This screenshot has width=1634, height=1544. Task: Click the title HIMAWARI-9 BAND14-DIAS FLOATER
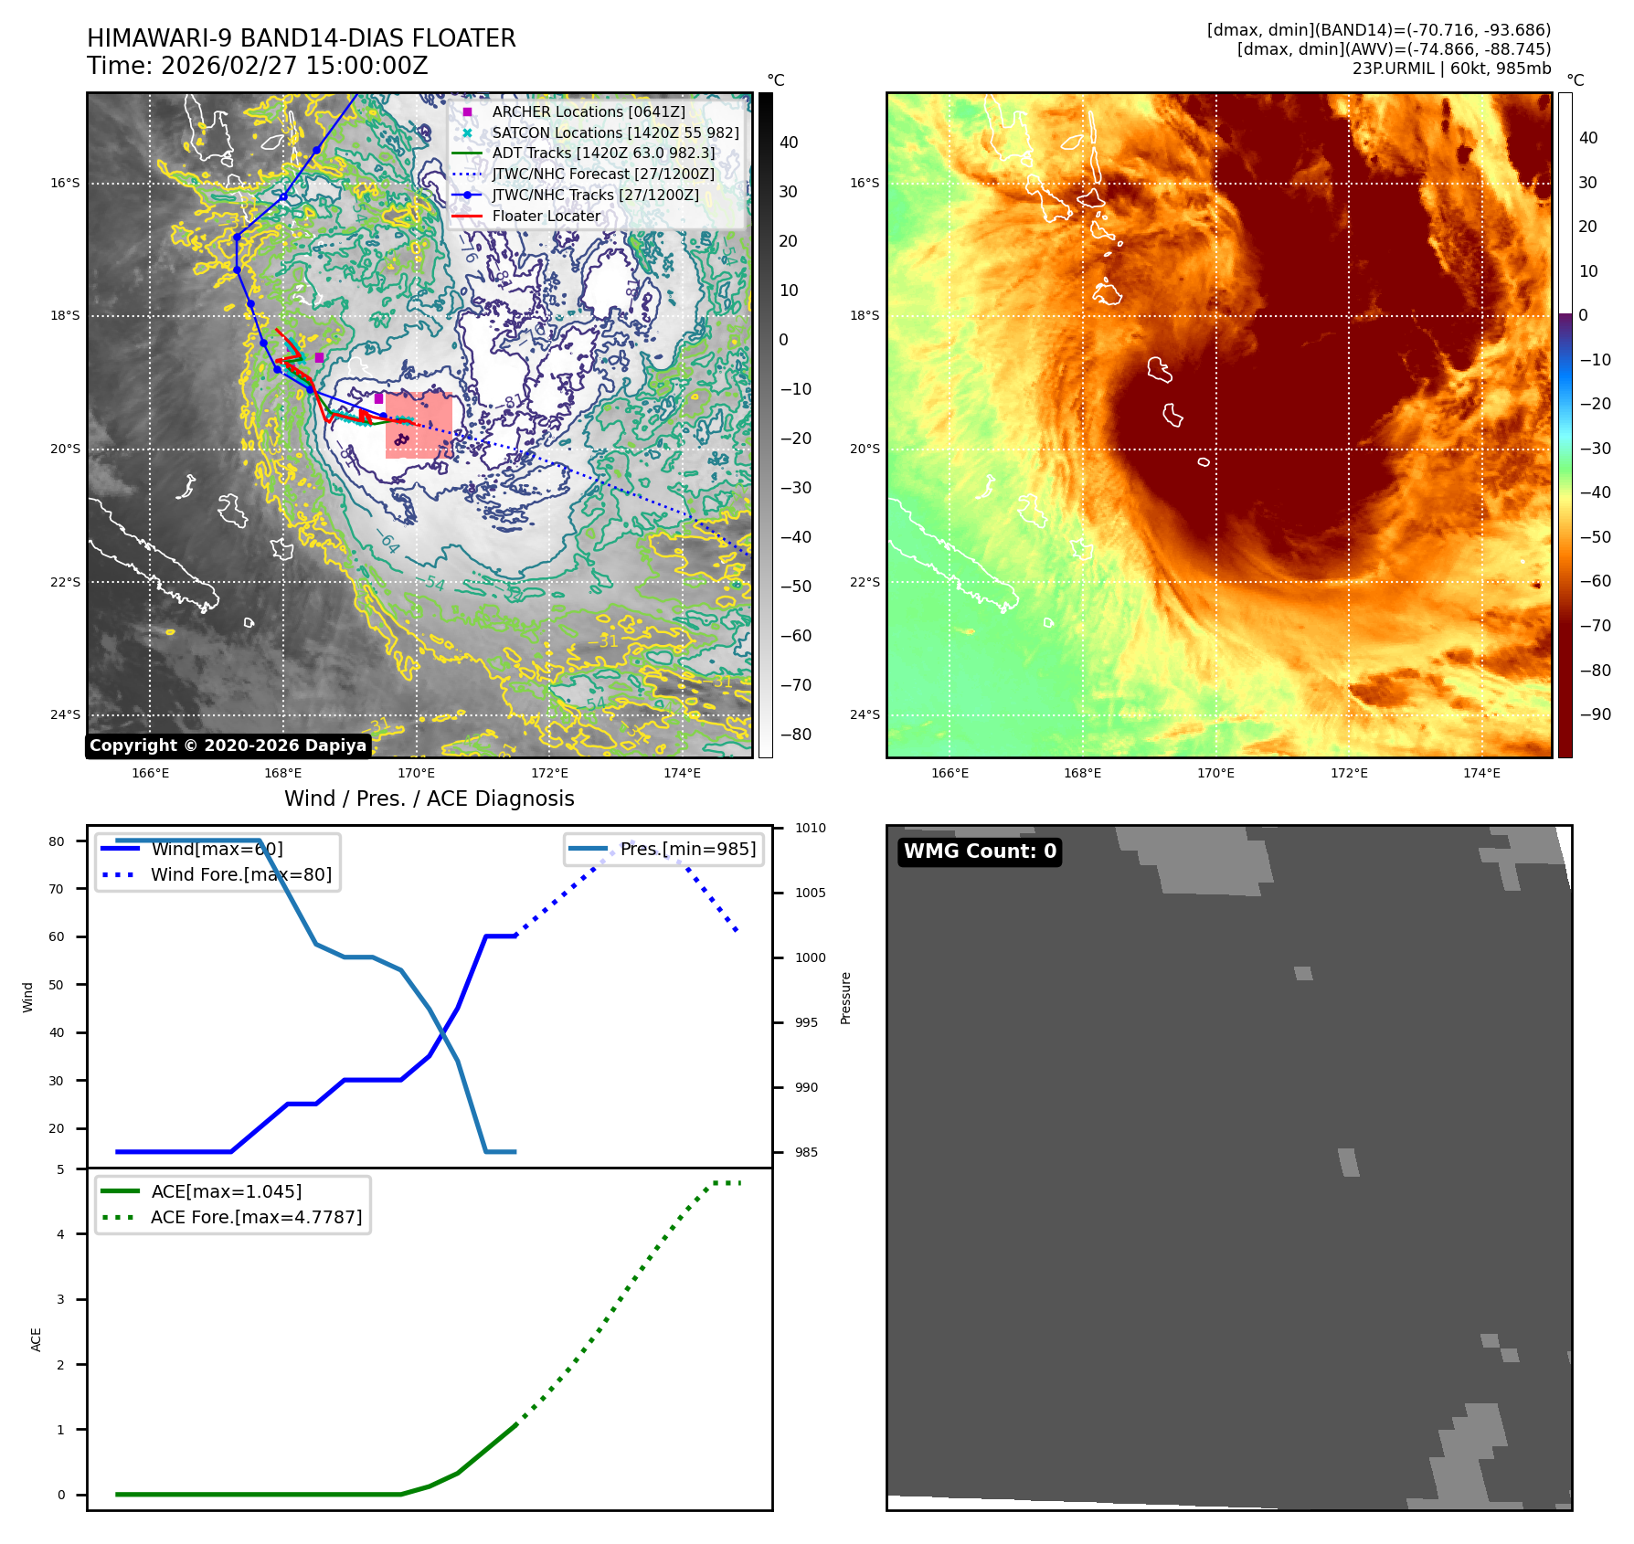301,38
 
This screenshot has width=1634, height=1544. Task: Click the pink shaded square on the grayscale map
419,425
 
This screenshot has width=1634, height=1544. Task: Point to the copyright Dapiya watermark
228,746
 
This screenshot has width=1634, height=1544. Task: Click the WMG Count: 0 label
980,851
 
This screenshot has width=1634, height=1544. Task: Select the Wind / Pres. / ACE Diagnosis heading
429,798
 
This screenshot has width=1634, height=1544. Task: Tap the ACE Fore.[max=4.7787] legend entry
256,1217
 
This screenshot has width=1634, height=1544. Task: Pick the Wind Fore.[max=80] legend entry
240,874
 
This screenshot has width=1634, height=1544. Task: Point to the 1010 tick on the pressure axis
810,828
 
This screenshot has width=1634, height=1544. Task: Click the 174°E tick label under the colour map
1481,773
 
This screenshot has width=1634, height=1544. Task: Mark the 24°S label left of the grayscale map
65,714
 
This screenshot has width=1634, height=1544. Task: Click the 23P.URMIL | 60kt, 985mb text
1451,69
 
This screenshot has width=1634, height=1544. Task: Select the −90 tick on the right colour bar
1595,714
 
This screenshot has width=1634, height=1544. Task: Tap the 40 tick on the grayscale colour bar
789,143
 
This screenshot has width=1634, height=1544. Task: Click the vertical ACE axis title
37,1339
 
